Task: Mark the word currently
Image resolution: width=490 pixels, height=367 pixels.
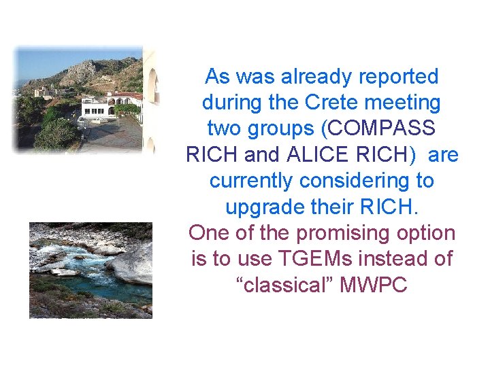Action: (252, 181)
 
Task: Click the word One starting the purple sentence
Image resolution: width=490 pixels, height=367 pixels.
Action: (208, 233)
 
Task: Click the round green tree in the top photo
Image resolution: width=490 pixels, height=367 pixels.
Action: (54, 133)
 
